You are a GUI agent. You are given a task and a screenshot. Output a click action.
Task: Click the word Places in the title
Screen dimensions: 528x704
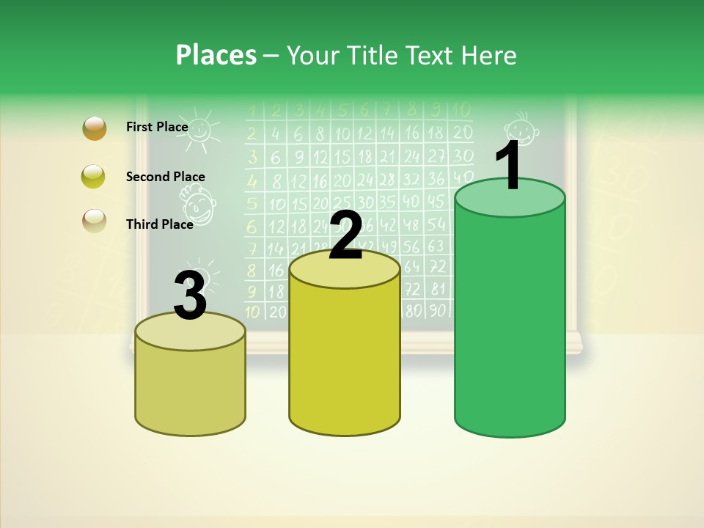[216, 55]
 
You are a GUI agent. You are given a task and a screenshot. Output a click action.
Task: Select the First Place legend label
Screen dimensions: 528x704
[157, 127]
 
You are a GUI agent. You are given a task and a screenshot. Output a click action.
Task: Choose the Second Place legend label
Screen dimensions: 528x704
[165, 177]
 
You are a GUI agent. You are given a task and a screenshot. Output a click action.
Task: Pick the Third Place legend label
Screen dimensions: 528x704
[159, 224]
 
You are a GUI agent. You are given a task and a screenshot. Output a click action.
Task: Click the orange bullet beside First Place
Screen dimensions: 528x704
[94, 128]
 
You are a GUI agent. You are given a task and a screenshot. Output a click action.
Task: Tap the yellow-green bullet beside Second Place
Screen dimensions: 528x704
[94, 177]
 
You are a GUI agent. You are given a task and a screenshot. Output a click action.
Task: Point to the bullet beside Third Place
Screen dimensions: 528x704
[94, 221]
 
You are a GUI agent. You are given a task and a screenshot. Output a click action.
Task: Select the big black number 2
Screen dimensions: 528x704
[345, 235]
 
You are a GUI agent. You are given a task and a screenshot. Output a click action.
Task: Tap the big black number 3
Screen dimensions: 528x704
[190, 296]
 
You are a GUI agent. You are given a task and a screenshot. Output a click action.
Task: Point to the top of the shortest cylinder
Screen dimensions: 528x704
[190, 332]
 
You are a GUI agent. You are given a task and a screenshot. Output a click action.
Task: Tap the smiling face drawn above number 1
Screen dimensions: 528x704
[521, 129]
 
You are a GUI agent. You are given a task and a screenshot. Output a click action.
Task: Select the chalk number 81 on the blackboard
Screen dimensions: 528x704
[437, 289]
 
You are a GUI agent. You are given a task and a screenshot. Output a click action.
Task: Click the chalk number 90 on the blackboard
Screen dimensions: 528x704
[437, 310]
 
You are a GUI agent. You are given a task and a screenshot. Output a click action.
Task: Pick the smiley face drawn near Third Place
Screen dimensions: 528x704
[198, 205]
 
